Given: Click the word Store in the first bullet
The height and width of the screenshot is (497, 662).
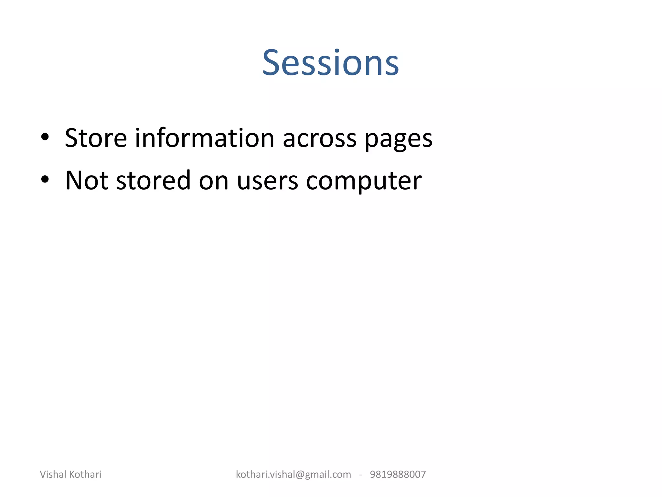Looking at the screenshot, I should (96, 138).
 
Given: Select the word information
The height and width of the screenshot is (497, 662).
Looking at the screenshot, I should (204, 138).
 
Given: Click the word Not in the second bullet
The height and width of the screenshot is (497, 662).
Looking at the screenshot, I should (86, 180).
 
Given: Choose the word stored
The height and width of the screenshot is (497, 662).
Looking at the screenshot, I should (153, 180).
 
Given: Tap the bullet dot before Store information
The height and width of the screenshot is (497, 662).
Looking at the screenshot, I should (45, 137).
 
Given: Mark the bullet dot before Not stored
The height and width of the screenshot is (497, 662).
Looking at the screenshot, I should (45, 179).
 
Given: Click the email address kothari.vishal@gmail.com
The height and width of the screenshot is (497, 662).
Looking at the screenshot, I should (293, 474).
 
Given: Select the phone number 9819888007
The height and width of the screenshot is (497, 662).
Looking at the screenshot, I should (398, 474).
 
